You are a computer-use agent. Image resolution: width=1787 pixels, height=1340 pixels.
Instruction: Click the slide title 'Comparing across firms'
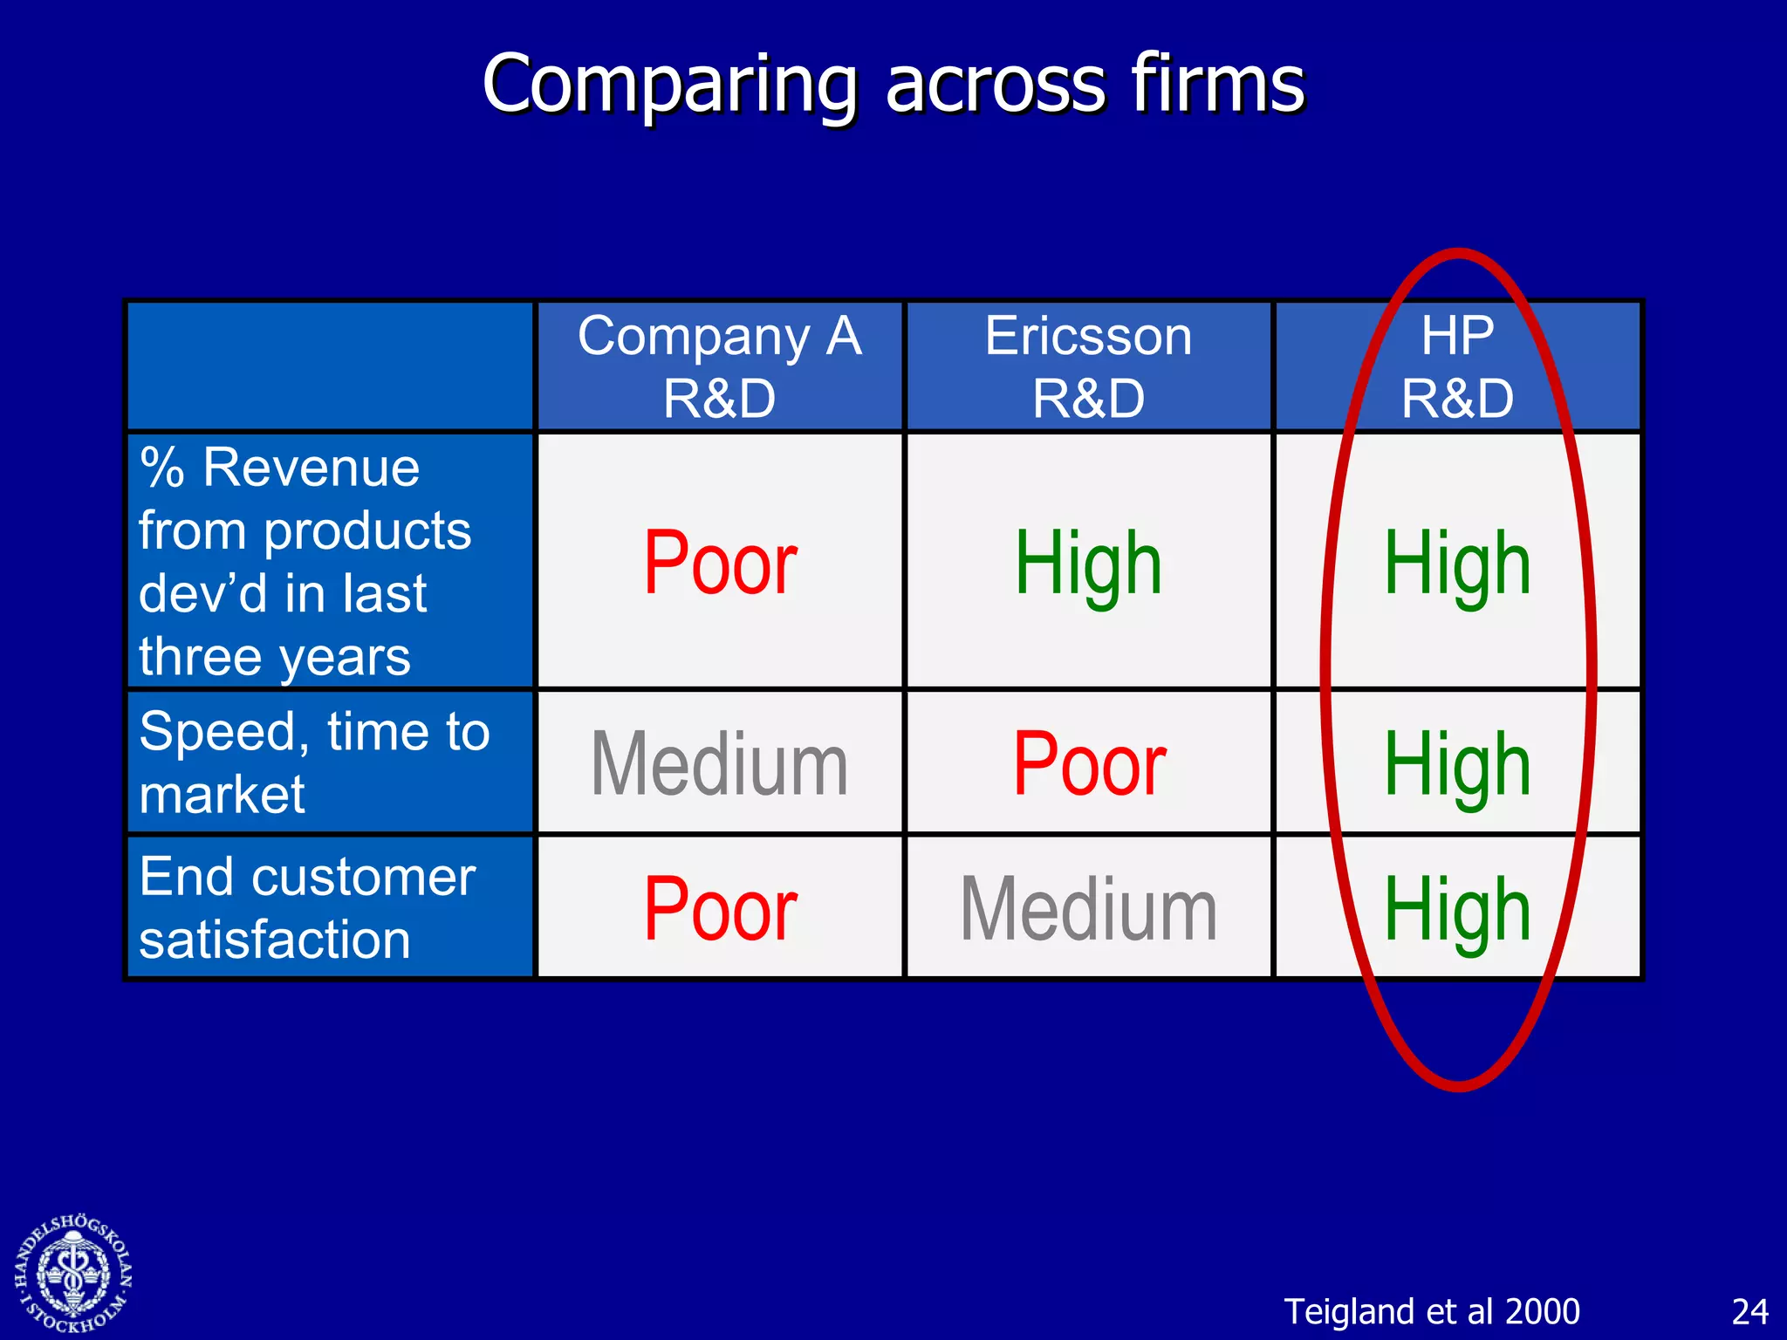(x=893, y=84)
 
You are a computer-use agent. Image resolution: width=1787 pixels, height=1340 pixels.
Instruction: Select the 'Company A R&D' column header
(x=720, y=366)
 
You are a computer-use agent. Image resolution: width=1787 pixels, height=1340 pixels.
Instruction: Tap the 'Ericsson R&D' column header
(x=1088, y=366)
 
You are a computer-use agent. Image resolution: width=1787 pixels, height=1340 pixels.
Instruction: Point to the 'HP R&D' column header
(x=1457, y=366)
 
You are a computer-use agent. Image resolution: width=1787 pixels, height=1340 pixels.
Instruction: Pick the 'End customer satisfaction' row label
(x=307, y=907)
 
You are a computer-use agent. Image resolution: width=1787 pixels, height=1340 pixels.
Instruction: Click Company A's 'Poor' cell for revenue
(x=720, y=564)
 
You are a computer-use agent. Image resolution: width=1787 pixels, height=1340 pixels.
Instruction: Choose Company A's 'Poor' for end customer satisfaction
(x=720, y=910)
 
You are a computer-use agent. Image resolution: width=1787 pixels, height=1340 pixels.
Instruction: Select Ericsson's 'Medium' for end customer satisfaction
(x=1088, y=910)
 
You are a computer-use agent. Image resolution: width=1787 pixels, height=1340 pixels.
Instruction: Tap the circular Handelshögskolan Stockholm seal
(x=73, y=1274)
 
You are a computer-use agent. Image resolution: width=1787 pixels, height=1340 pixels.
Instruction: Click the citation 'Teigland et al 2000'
(x=1432, y=1311)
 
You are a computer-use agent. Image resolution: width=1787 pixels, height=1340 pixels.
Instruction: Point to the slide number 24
(x=1749, y=1311)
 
